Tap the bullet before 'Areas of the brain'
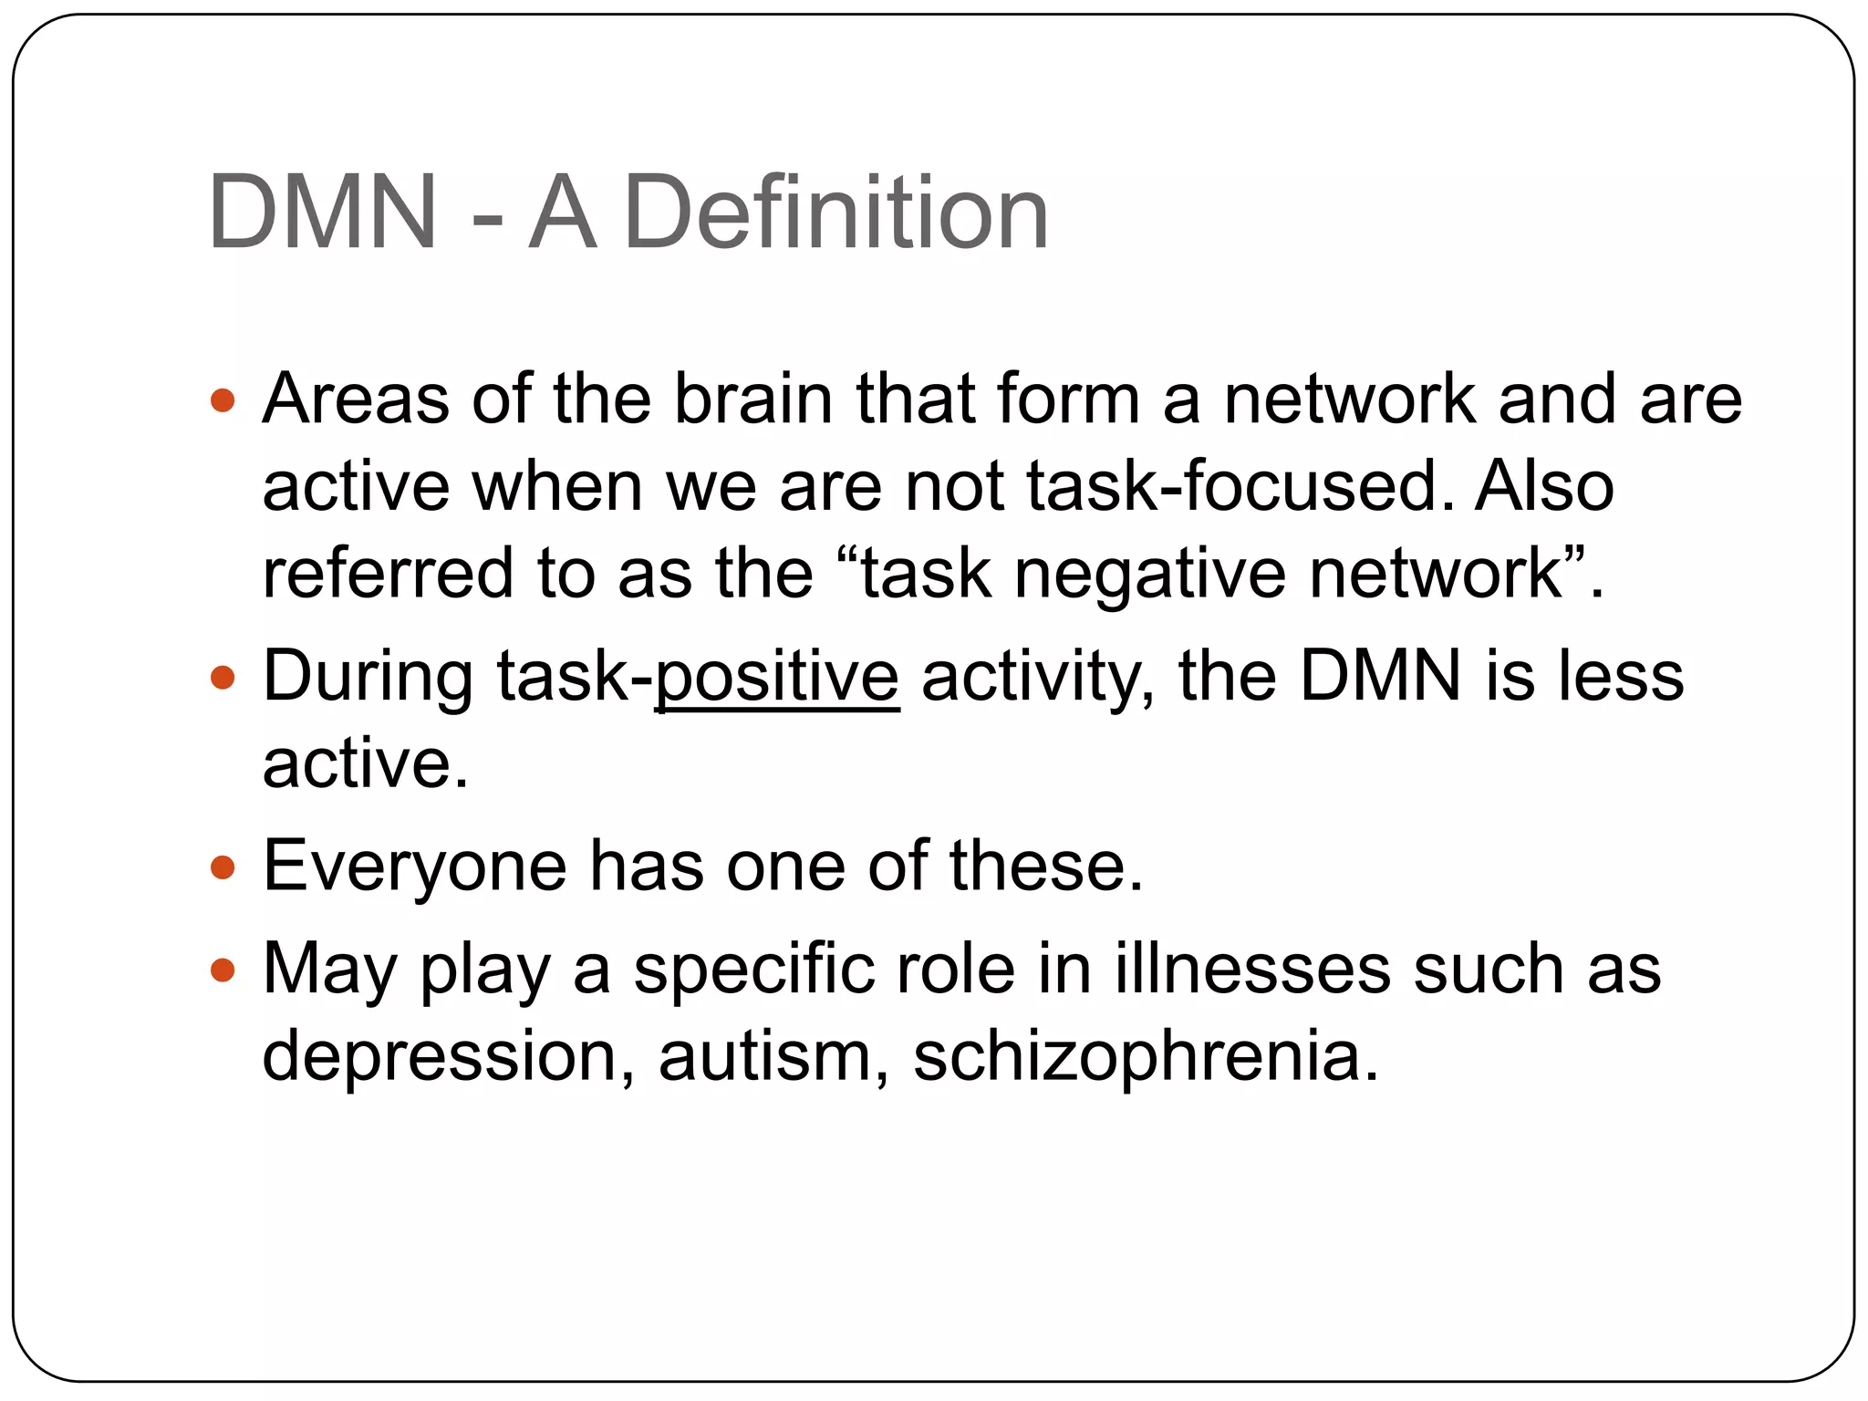coord(223,400)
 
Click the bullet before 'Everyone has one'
coord(223,867)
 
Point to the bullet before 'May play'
coord(223,969)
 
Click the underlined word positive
coord(777,677)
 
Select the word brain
coord(753,400)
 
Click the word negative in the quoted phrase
coord(1150,574)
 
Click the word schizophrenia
coord(1146,1056)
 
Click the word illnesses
coord(1252,969)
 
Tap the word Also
coord(1544,486)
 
